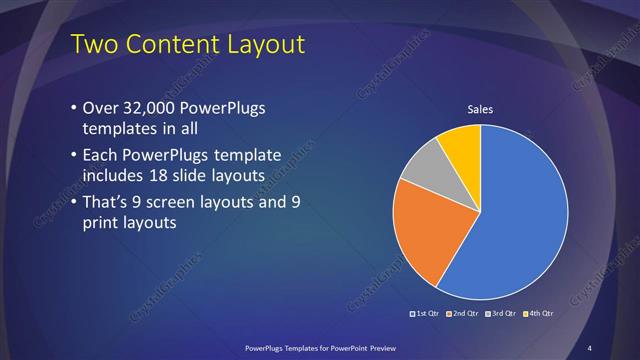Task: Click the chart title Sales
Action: click(482, 109)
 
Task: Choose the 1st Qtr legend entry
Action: click(427, 313)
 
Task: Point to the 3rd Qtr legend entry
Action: click(501, 313)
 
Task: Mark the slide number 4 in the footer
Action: click(589, 347)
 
